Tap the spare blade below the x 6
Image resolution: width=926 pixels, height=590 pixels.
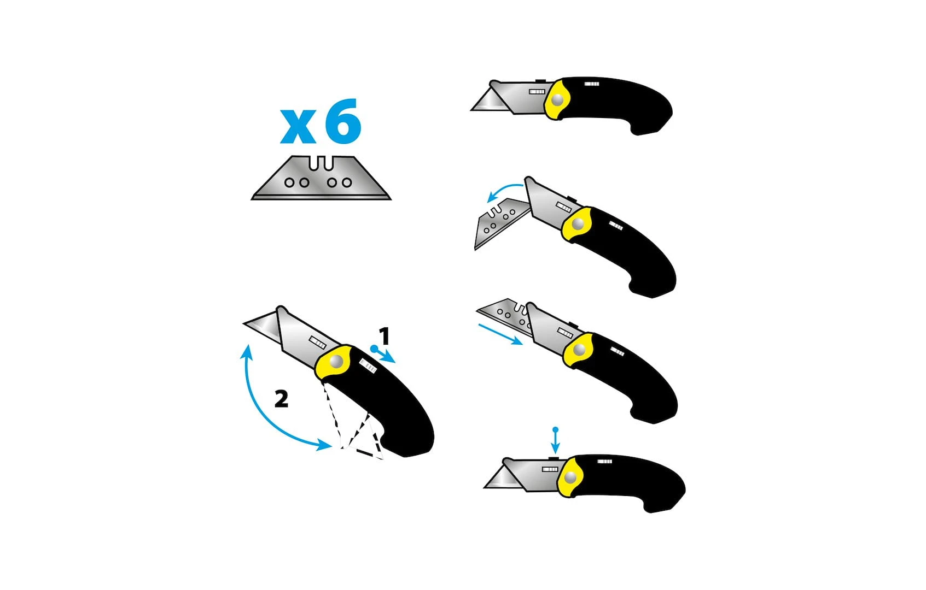click(x=321, y=178)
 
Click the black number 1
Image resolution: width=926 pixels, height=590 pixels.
click(x=385, y=336)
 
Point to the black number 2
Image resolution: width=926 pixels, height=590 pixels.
click(x=282, y=399)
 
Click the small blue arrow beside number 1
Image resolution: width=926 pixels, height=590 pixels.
click(x=383, y=355)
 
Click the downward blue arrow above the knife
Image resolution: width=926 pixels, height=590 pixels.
click(x=556, y=441)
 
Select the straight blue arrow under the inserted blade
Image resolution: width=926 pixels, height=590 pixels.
click(x=500, y=334)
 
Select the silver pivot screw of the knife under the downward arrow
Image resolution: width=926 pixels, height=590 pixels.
click(x=570, y=477)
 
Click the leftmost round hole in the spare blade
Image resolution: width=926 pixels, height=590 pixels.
click(x=289, y=182)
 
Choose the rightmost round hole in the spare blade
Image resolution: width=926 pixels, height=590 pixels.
click(x=347, y=182)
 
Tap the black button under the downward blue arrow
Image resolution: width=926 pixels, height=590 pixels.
click(x=554, y=458)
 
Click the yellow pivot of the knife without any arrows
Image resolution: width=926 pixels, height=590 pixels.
click(x=557, y=100)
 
